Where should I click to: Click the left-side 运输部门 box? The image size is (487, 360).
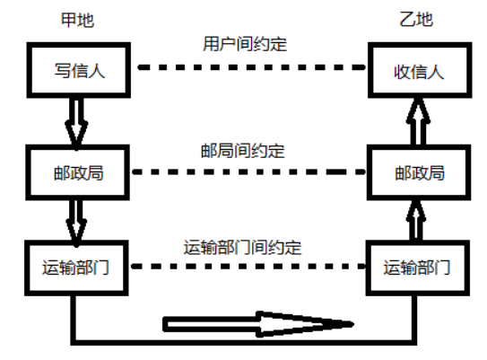(76, 267)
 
